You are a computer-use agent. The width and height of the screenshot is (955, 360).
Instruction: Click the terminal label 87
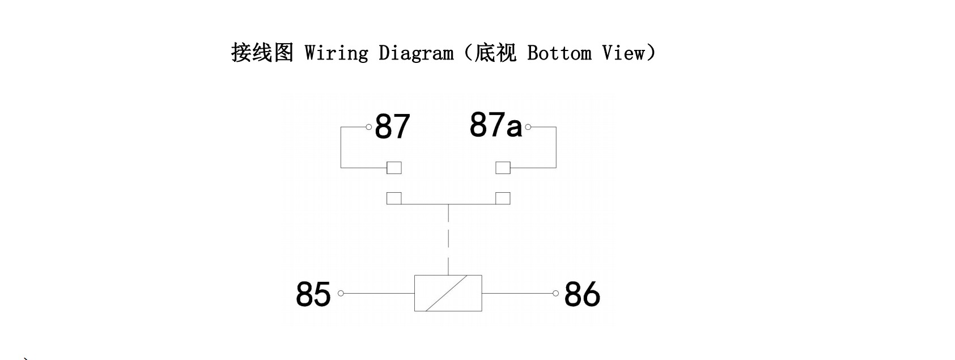point(392,126)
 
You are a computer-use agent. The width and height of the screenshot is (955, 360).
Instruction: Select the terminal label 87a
point(496,125)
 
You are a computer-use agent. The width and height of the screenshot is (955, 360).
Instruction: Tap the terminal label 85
point(313,294)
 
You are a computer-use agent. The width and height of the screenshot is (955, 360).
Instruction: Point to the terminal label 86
point(583,294)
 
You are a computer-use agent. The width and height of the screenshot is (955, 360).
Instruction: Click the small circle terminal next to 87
point(369,126)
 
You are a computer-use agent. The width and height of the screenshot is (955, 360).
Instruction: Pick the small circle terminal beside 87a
point(528,126)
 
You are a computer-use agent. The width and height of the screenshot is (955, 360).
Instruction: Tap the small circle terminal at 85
point(341,293)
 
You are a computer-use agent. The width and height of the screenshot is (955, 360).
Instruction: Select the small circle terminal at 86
point(555,293)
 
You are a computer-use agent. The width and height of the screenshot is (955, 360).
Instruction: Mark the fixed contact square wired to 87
point(394,168)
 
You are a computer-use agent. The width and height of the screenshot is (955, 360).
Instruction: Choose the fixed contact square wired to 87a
point(503,168)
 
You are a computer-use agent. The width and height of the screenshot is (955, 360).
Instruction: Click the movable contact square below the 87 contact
point(394,198)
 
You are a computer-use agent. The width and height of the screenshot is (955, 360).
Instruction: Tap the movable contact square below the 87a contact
point(503,198)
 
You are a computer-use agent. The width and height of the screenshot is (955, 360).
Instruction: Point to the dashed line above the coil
point(448,240)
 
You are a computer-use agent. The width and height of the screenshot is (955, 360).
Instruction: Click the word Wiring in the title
point(337,53)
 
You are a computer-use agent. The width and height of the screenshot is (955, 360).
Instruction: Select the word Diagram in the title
point(416,53)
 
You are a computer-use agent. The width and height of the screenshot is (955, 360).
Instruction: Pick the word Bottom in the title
point(559,53)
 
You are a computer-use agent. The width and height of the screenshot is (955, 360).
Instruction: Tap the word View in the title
point(623,53)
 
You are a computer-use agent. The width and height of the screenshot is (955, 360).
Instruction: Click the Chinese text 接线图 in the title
point(262,53)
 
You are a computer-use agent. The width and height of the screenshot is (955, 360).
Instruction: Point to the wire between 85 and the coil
point(379,293)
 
